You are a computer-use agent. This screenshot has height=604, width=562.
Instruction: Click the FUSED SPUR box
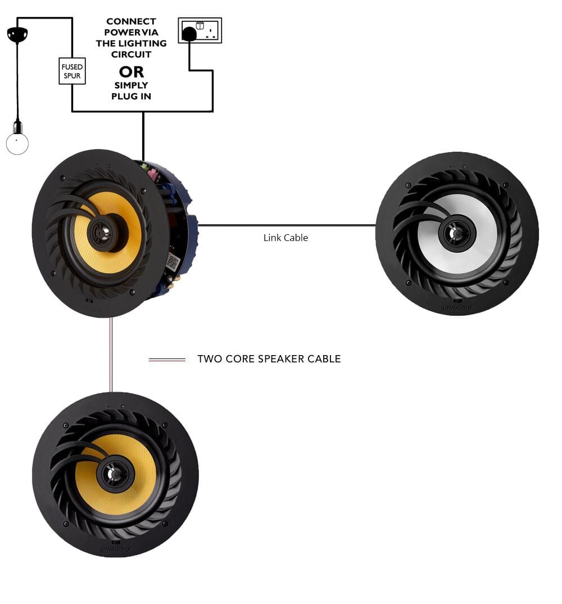(72, 71)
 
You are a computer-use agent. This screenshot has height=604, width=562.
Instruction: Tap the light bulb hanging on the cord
(17, 143)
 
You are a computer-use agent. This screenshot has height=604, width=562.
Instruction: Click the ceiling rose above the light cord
(17, 35)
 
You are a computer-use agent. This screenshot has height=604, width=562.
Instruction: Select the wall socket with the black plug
(200, 30)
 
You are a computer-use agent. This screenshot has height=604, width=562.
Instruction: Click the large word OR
(132, 72)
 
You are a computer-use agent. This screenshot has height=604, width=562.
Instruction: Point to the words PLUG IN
(131, 97)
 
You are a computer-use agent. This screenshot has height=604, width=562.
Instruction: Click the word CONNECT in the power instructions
(131, 21)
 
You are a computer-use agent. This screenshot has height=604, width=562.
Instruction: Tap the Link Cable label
(285, 238)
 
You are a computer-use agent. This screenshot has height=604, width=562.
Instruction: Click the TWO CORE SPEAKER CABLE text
(269, 359)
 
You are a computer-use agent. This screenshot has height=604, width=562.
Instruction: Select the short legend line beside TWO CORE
(167, 360)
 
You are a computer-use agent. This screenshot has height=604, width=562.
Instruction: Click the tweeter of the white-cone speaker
(456, 233)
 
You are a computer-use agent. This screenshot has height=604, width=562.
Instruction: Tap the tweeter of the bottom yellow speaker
(116, 474)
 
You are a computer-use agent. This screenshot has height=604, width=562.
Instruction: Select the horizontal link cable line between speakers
(287, 225)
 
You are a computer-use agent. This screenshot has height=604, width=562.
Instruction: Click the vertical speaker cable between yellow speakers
(111, 354)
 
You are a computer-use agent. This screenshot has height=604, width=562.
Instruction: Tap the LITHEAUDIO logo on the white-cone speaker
(456, 308)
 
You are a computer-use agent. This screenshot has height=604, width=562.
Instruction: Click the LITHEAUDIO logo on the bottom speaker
(115, 549)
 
